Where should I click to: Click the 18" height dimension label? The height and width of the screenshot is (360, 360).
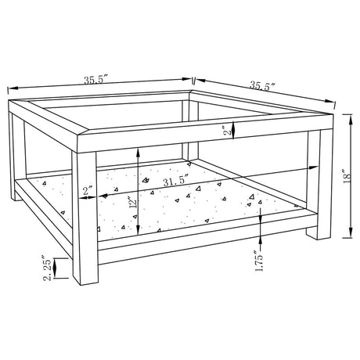(347, 176)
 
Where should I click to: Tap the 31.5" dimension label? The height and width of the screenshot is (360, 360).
(176, 181)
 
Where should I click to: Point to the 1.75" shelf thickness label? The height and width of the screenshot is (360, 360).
(258, 261)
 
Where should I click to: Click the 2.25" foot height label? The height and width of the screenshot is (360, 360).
(47, 270)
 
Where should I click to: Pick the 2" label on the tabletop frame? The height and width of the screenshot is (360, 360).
(229, 130)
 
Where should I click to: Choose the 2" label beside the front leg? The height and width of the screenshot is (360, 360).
(88, 192)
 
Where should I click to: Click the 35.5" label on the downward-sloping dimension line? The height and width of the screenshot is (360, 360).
(263, 85)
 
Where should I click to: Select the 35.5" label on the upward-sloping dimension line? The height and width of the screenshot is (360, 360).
(95, 79)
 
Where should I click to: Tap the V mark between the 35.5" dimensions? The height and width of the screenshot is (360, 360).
(193, 81)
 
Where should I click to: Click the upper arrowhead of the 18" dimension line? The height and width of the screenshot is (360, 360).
(351, 120)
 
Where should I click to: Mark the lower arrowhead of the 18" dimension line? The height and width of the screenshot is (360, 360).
(351, 232)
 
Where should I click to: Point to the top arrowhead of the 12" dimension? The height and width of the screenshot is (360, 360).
(138, 153)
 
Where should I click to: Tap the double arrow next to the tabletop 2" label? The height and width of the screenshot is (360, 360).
(234, 130)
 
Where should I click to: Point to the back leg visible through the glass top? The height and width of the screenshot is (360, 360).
(190, 131)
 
